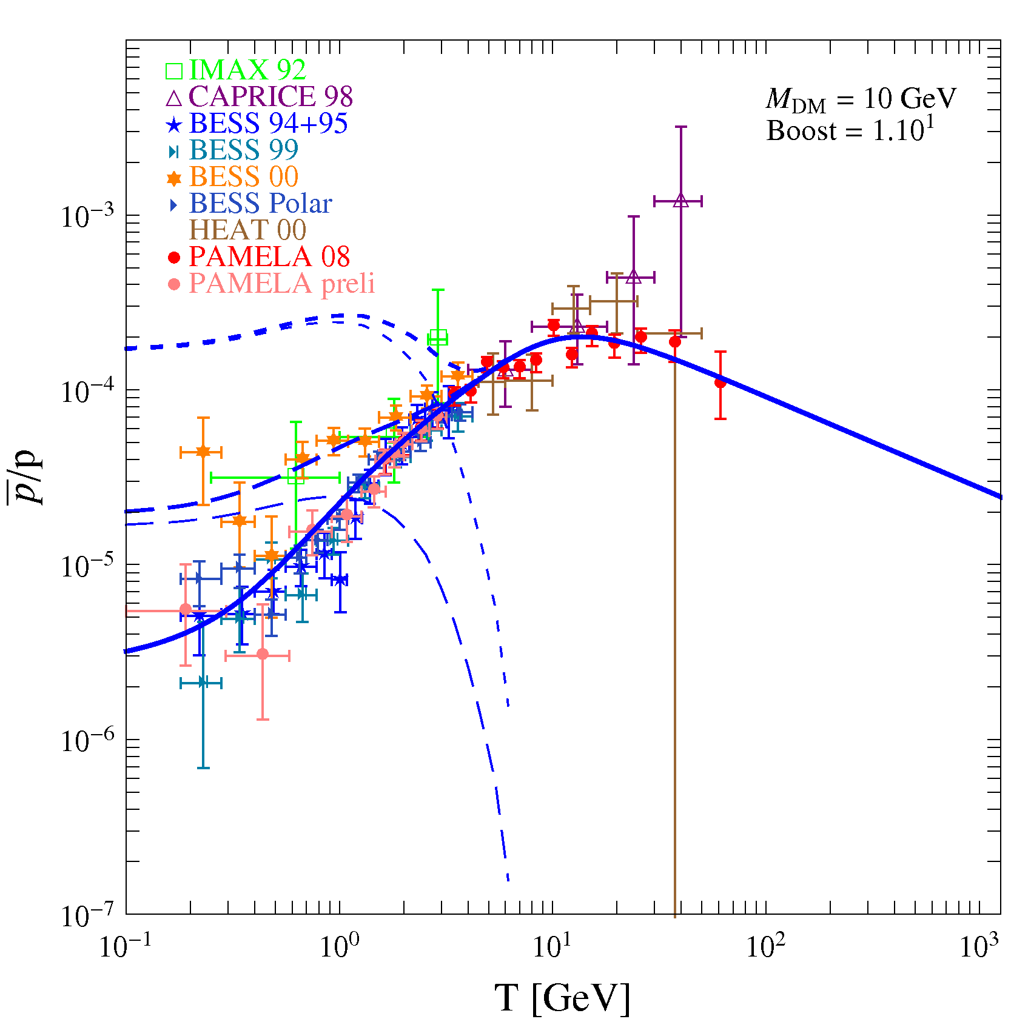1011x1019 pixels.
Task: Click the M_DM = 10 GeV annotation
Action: coord(861,99)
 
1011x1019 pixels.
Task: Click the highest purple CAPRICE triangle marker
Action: coord(680,201)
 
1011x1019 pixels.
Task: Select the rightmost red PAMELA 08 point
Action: coord(720,383)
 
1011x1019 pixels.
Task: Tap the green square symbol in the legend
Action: coord(174,71)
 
